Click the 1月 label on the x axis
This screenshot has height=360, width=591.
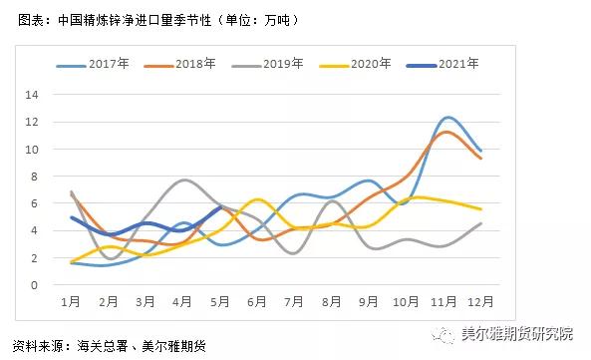(x=71, y=301)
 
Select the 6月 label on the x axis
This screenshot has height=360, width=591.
(x=257, y=301)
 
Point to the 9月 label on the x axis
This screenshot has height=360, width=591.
(x=369, y=301)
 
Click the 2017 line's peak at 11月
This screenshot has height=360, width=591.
(x=447, y=118)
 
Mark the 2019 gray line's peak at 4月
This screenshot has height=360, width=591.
(x=184, y=180)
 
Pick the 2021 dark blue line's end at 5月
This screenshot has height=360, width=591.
(x=220, y=207)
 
